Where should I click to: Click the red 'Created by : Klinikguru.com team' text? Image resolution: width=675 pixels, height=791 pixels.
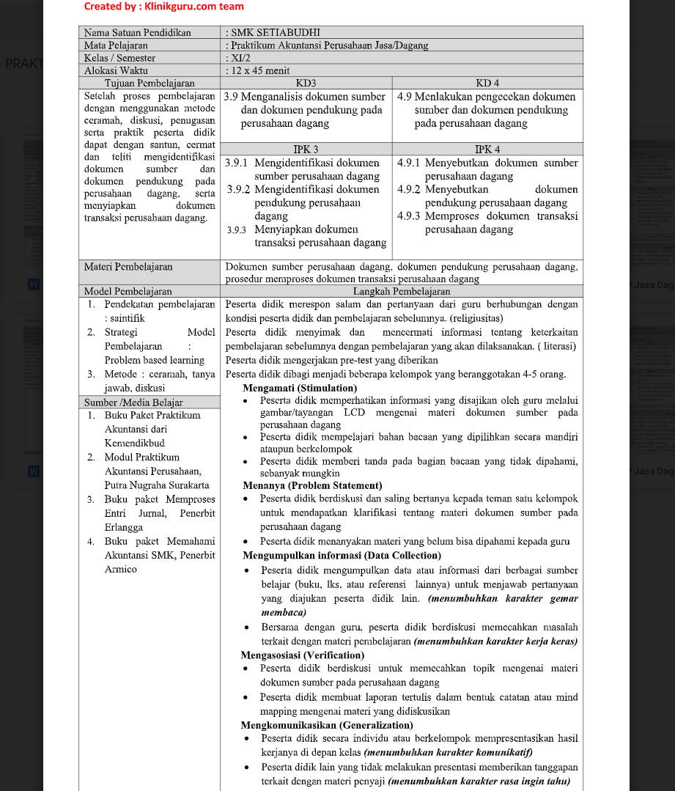click(163, 7)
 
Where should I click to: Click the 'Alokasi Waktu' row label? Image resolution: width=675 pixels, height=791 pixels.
click(116, 70)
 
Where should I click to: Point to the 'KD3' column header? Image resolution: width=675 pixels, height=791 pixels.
click(306, 83)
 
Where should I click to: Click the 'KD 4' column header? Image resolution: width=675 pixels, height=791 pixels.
click(487, 83)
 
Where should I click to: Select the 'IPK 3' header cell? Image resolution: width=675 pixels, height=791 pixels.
click(306, 149)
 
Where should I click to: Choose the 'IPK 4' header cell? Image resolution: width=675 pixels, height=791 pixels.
click(487, 149)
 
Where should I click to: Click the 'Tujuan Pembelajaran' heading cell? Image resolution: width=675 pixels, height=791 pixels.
click(149, 83)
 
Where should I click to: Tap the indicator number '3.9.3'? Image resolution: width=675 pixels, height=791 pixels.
click(237, 230)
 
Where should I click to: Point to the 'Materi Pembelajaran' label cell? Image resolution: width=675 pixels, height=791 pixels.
click(128, 267)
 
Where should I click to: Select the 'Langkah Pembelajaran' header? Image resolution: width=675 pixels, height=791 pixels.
click(401, 291)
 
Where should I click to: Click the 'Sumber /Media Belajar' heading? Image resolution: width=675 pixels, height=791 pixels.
click(133, 402)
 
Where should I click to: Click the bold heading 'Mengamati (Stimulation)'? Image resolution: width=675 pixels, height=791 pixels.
click(300, 388)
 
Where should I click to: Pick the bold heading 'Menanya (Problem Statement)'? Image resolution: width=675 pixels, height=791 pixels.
click(312, 485)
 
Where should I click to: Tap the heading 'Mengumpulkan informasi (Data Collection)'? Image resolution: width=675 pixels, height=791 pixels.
click(342, 555)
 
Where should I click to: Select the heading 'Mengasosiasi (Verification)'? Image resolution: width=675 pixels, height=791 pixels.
click(302, 655)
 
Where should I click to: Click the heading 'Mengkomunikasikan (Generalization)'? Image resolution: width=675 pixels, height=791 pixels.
click(327, 724)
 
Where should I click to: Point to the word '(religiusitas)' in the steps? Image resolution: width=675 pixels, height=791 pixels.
click(476, 318)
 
